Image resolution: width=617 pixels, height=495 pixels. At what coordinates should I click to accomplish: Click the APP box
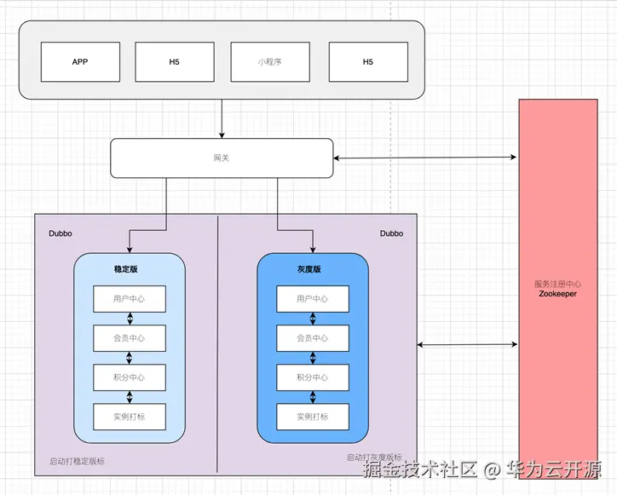point(80,62)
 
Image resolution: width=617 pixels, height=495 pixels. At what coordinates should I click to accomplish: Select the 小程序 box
point(270,62)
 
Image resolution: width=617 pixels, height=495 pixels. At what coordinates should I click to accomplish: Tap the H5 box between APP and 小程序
point(175,62)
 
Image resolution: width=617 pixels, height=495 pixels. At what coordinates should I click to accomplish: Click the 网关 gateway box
point(222,158)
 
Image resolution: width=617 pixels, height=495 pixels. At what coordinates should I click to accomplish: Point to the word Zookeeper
point(557,294)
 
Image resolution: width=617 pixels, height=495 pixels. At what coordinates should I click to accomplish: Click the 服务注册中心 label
point(557,284)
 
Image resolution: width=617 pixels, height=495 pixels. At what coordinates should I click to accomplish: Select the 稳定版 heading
point(126,269)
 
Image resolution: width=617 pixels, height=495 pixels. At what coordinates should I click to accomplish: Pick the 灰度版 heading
point(308,269)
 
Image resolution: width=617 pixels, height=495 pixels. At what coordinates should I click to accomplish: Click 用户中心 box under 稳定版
point(130,299)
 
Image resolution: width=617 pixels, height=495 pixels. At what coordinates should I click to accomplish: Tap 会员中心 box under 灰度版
point(313,338)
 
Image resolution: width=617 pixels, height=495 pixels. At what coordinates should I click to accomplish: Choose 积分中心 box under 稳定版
point(130,377)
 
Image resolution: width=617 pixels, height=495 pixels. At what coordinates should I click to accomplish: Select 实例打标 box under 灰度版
point(313,417)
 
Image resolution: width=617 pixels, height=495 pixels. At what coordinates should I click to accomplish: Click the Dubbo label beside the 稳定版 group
point(61,233)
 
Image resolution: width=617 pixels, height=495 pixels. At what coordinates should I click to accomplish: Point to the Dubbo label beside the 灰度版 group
point(391,233)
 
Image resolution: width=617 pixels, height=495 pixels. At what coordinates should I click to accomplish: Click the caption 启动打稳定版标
point(77,461)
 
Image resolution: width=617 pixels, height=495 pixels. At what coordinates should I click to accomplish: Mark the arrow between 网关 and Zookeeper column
point(425,158)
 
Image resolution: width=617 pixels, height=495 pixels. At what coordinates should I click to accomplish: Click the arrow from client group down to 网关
point(222,118)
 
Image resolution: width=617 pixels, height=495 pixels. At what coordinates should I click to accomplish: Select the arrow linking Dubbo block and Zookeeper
point(467,345)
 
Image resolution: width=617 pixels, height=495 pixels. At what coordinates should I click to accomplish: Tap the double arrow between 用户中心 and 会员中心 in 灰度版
point(313,319)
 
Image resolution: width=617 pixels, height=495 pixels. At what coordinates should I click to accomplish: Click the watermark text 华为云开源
point(554,469)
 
